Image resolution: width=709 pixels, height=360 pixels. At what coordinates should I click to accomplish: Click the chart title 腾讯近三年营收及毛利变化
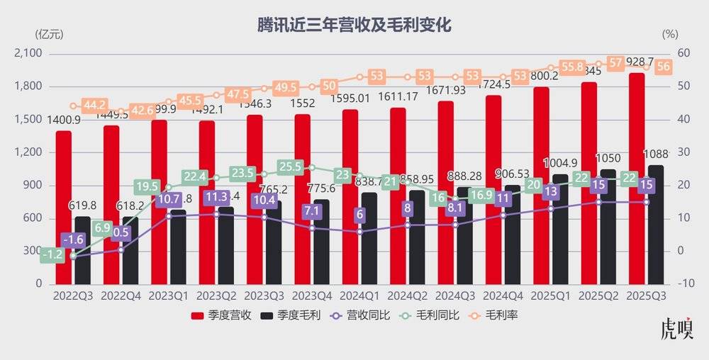(x=354, y=26)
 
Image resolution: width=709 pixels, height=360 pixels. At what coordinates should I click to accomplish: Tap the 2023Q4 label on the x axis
(x=313, y=294)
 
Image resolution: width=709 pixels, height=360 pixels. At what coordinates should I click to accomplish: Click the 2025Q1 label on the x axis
(x=551, y=294)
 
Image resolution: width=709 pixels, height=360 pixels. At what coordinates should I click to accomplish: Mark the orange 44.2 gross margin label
(x=95, y=106)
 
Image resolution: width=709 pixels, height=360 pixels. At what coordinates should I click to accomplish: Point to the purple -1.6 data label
(x=74, y=240)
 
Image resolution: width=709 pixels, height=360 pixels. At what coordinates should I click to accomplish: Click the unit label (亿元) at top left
(x=48, y=33)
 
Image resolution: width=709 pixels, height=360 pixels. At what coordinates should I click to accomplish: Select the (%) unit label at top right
(x=670, y=33)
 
